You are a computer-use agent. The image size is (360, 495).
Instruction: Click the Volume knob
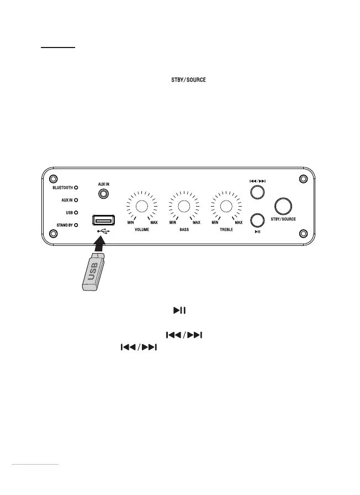pos(142,207)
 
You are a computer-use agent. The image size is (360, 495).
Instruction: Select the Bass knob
pos(184,207)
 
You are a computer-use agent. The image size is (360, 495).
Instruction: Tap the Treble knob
pos(226,207)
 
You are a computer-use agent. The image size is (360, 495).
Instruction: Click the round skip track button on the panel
pos(257,192)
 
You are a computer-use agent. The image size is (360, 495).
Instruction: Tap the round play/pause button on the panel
pos(257,220)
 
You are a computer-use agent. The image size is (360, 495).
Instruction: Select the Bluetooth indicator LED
pos(76,187)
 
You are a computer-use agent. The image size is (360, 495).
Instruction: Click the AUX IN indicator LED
pos(76,199)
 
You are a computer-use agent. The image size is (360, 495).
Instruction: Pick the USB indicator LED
pos(76,212)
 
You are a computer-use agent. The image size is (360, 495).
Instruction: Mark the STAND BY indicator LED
pos(76,225)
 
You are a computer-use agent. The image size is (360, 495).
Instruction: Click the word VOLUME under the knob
pos(142,229)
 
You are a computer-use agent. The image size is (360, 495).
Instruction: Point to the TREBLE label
pos(226,229)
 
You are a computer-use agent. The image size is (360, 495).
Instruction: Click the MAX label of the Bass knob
pos(196,223)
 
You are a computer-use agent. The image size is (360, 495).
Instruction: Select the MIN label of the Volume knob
pos(131,223)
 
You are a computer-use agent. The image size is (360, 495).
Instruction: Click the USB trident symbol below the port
pos(103,231)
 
